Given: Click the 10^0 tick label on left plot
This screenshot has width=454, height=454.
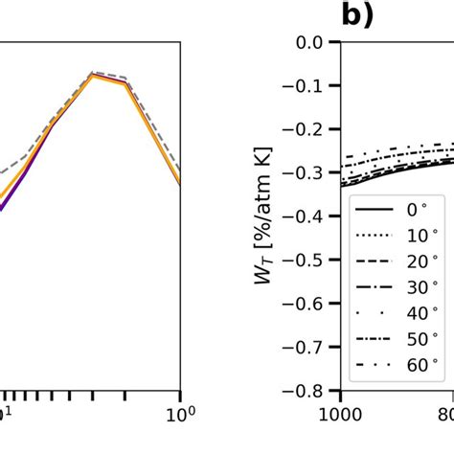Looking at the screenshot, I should pyautogui.click(x=178, y=414).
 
